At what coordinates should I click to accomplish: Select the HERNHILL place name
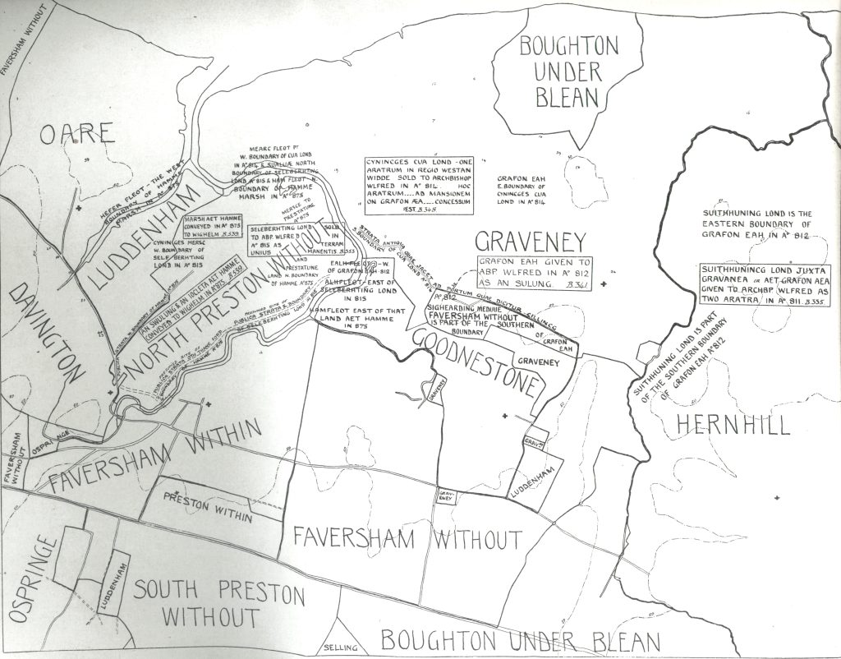pos(730,425)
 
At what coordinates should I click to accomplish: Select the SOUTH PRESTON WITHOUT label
pos(218,603)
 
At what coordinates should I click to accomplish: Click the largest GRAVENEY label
pos(531,241)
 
